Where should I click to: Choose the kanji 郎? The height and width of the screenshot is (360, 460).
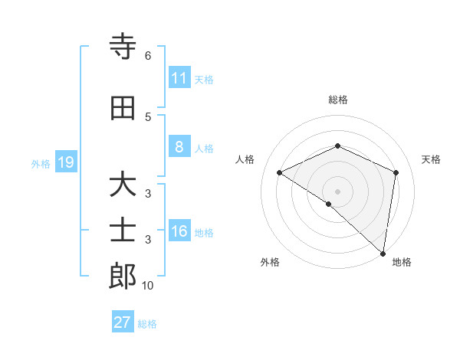[123, 277]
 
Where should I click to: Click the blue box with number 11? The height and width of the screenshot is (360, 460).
[179, 78]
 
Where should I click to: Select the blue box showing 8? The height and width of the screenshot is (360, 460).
[179, 147]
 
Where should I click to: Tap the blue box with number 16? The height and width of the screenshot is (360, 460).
[179, 231]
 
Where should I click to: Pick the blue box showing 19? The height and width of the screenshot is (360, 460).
[65, 162]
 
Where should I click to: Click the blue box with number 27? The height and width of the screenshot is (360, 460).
[123, 322]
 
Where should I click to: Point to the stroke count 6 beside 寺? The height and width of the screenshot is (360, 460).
[147, 55]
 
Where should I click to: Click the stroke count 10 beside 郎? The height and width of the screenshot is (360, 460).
[148, 286]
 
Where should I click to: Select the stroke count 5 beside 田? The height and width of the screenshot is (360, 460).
[147, 116]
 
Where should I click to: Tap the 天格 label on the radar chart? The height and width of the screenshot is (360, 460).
[431, 159]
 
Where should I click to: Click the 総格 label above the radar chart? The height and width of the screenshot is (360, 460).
[337, 100]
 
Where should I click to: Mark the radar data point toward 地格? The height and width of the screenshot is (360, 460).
[383, 253]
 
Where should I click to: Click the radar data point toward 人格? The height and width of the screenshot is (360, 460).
[280, 172]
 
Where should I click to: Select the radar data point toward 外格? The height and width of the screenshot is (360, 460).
[329, 204]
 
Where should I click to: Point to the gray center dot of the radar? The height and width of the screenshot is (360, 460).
[337, 191]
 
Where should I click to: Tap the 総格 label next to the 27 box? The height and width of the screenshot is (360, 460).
[147, 323]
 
